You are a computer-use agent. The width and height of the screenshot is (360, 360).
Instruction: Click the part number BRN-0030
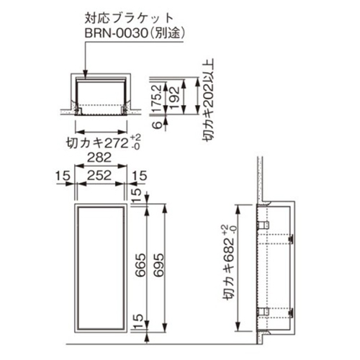(x=116, y=34)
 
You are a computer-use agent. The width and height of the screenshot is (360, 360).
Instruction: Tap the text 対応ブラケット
(x=129, y=19)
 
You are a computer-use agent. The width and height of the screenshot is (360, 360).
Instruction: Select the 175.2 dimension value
(x=158, y=99)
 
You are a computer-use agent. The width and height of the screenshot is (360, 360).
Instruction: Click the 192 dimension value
(x=175, y=98)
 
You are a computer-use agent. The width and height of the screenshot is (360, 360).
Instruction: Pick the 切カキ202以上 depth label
(x=208, y=100)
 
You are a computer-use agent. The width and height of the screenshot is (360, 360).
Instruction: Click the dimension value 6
(x=158, y=125)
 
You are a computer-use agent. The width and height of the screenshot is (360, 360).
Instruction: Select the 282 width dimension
(x=99, y=158)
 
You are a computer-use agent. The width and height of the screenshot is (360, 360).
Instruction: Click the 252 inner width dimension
(x=99, y=176)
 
